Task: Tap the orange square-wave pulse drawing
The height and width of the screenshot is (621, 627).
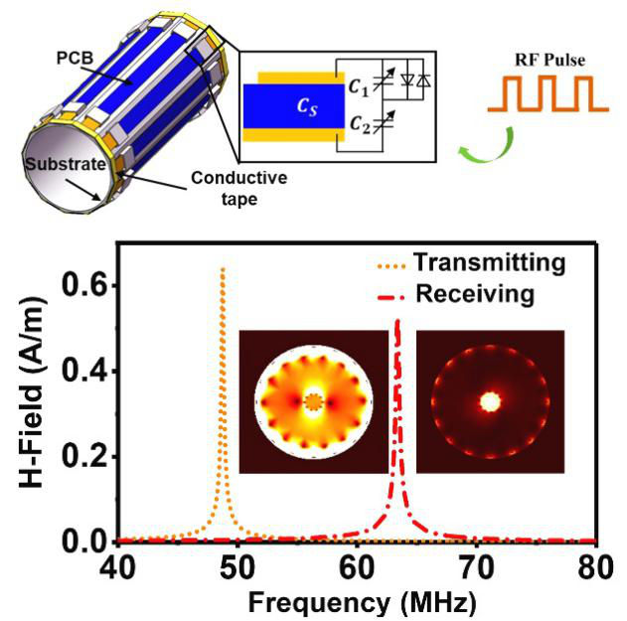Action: (x=543, y=91)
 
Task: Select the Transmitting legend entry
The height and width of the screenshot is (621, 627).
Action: (x=503, y=263)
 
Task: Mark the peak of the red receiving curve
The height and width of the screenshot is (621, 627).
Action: (x=397, y=321)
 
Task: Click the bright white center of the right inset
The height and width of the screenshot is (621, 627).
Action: (x=489, y=401)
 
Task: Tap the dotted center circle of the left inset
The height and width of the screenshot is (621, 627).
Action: (x=314, y=401)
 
